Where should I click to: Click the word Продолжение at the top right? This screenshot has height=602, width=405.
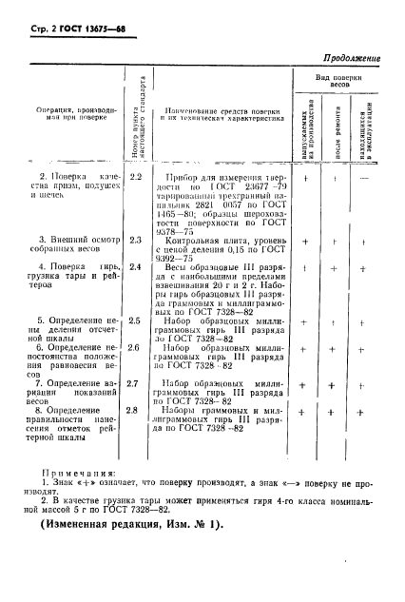tap(344, 58)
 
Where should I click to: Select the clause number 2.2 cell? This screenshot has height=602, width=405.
tap(135, 178)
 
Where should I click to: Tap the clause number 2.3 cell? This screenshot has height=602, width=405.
tap(135, 242)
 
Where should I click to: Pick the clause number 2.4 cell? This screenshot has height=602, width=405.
tap(135, 268)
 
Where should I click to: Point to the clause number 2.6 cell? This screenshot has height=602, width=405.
tap(135, 348)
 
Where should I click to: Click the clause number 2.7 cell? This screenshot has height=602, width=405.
tap(135, 383)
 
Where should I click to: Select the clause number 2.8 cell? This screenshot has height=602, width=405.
tap(135, 410)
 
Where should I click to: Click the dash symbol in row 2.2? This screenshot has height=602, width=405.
tap(365, 178)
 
